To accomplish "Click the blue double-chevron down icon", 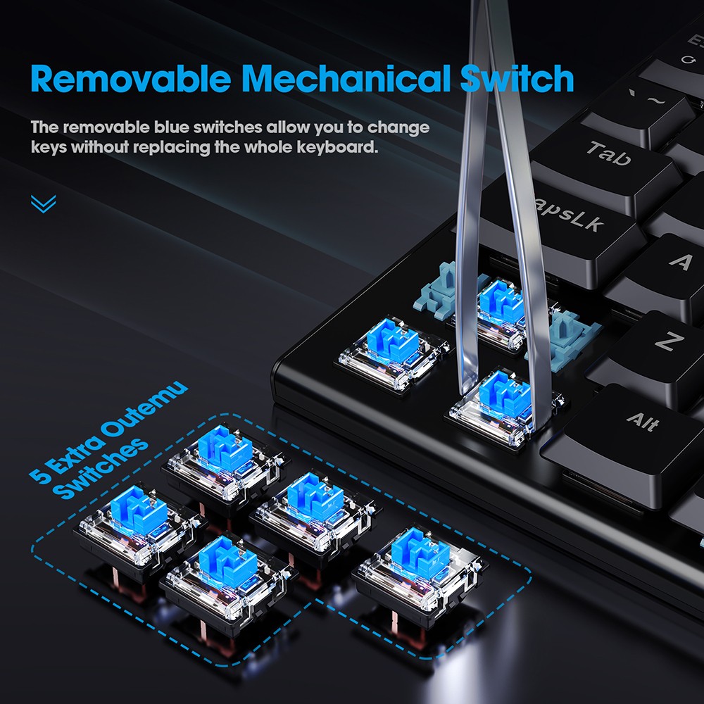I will (x=43, y=204).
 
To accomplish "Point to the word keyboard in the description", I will (x=337, y=149).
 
